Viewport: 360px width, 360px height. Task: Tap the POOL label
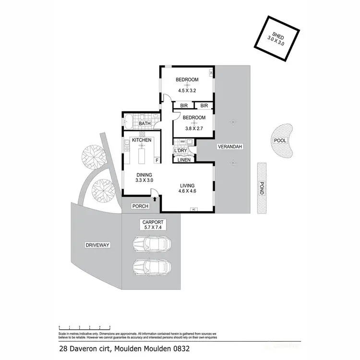[x=280, y=140]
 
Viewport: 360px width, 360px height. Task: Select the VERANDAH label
[x=230, y=146]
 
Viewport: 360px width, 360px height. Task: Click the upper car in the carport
[x=151, y=244]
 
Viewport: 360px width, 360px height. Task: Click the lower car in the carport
[x=151, y=267]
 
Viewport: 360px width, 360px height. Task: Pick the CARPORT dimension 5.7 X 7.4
[x=153, y=229]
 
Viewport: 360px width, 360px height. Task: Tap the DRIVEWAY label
[x=97, y=245]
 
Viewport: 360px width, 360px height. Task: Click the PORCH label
[x=140, y=206]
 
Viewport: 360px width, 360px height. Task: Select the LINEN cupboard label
[x=184, y=160]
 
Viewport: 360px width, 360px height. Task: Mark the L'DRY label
[x=180, y=151]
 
